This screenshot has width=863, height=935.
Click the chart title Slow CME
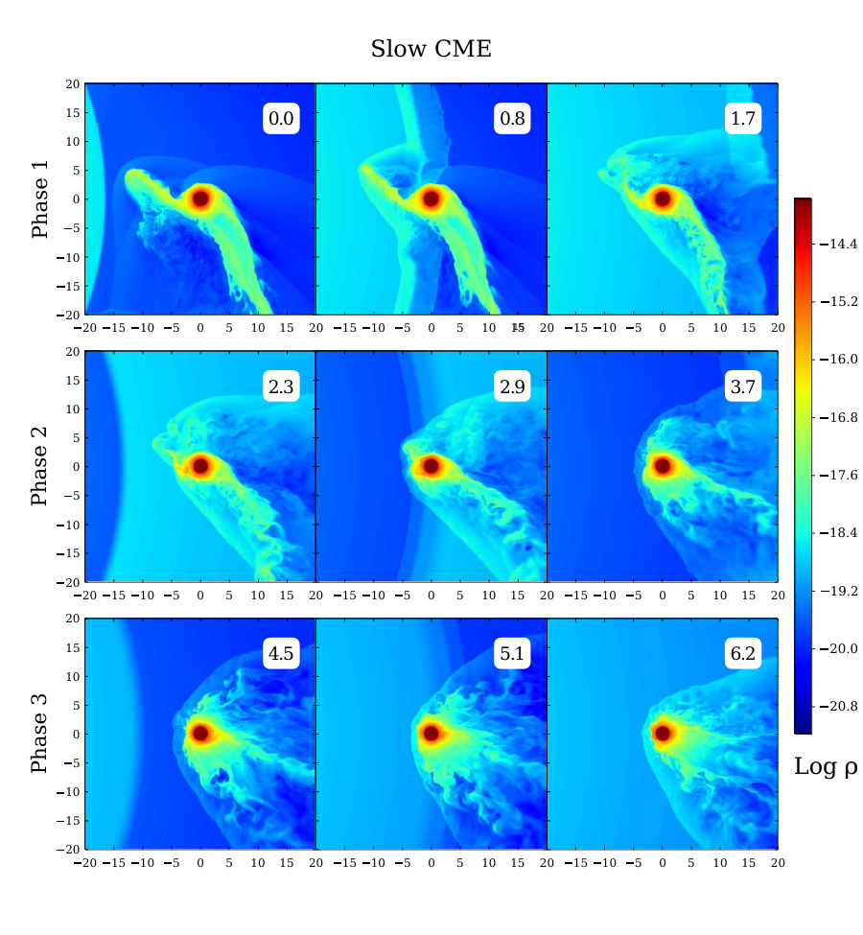click(431, 49)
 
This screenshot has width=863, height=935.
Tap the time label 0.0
click(281, 118)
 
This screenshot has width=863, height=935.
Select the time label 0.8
click(512, 118)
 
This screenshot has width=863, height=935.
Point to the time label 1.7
click(743, 118)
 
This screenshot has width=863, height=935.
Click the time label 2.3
click(281, 386)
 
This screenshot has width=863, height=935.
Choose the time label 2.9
click(512, 386)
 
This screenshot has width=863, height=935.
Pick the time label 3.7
click(743, 386)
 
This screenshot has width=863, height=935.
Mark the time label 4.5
click(281, 654)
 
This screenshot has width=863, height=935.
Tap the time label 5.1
click(512, 654)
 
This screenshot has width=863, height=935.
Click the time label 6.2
click(743, 654)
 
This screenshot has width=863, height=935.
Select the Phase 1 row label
click(40, 199)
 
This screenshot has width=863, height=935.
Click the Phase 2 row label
click(40, 466)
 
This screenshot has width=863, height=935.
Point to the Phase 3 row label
click(40, 734)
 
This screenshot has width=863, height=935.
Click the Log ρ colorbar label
click(826, 767)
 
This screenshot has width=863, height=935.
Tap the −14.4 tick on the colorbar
click(838, 244)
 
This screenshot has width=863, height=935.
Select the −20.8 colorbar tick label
click(838, 707)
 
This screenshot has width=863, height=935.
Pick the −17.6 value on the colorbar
click(838, 476)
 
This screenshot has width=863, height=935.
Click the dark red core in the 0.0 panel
click(200, 199)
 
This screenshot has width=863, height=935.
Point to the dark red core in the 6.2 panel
click(663, 733)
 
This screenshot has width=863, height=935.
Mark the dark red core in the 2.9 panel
click(431, 466)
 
